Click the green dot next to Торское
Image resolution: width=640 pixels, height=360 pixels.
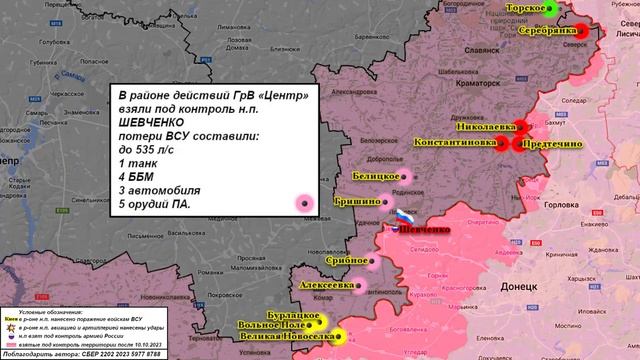(549, 8)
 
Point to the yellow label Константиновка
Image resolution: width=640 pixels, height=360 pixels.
(454, 143)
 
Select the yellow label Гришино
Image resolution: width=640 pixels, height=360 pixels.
(356, 201)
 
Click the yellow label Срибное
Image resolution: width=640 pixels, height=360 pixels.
(342, 260)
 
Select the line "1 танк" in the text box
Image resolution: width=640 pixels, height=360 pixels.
(139, 162)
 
